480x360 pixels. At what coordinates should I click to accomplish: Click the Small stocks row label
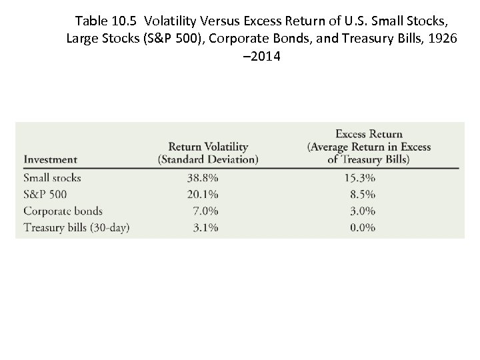click(52, 178)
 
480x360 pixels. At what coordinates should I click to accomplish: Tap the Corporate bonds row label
click(63, 211)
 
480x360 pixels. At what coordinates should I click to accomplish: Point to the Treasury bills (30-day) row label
click(76, 228)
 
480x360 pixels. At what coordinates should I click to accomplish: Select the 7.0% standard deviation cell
click(205, 211)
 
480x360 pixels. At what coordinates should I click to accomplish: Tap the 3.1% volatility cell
click(205, 228)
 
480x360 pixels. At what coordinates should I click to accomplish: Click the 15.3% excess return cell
click(359, 178)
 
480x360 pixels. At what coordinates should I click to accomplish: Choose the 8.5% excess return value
click(362, 195)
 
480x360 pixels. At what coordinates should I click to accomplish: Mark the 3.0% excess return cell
click(362, 211)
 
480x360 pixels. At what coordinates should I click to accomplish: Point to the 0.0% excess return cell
click(362, 228)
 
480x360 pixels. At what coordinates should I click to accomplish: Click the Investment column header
click(50, 159)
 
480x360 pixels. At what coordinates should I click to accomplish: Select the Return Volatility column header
click(208, 153)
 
